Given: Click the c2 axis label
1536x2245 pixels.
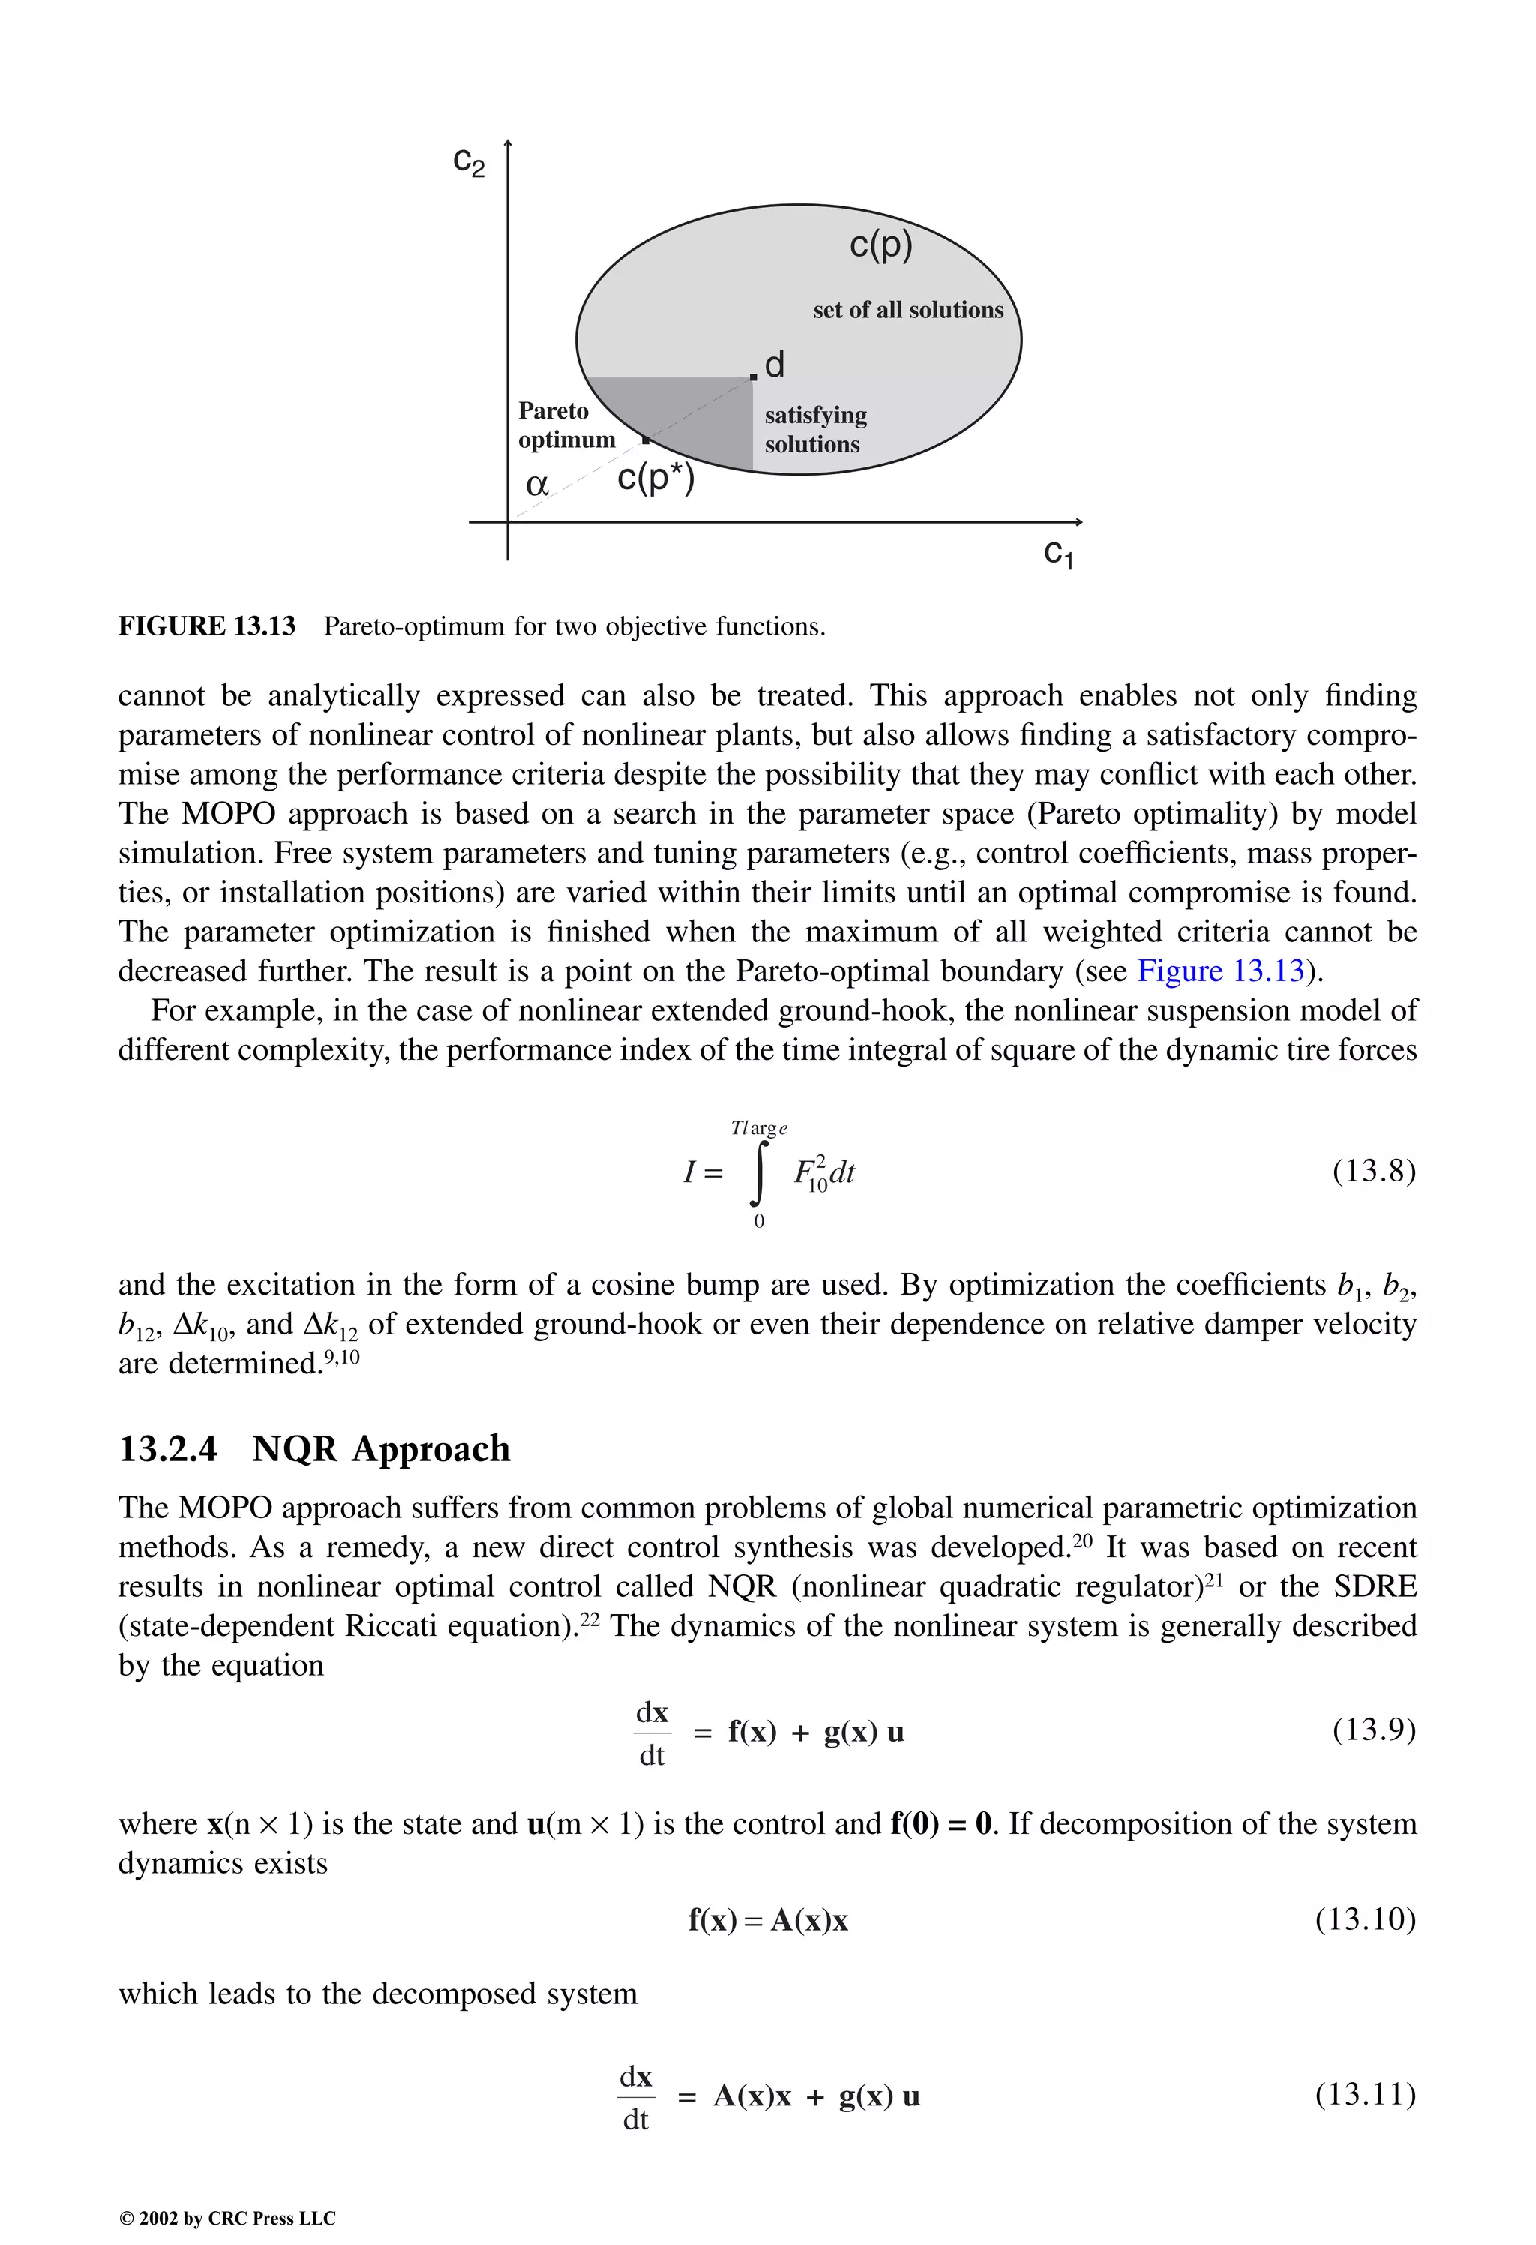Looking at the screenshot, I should [469, 161].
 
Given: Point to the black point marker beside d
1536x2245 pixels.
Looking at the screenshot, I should [754, 376].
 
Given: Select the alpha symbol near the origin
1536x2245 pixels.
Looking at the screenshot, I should [537, 484].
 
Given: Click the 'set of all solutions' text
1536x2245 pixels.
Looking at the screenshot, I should [908, 310].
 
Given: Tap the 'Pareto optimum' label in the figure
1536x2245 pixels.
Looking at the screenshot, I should [566, 425].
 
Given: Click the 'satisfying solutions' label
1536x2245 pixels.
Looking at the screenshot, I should [815, 430].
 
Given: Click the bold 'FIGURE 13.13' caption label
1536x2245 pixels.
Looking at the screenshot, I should [207, 626].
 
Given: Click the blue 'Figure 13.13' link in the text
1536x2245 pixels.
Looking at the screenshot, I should [1221, 971].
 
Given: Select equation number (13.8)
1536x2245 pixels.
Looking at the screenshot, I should [1374, 1172].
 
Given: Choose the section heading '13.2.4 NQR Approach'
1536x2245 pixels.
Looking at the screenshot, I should [314, 1449].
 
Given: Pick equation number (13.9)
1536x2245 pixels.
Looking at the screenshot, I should [1374, 1729].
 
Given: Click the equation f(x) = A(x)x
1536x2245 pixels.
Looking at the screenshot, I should [768, 1920].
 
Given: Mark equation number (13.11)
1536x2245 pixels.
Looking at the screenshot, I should [1365, 2094].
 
